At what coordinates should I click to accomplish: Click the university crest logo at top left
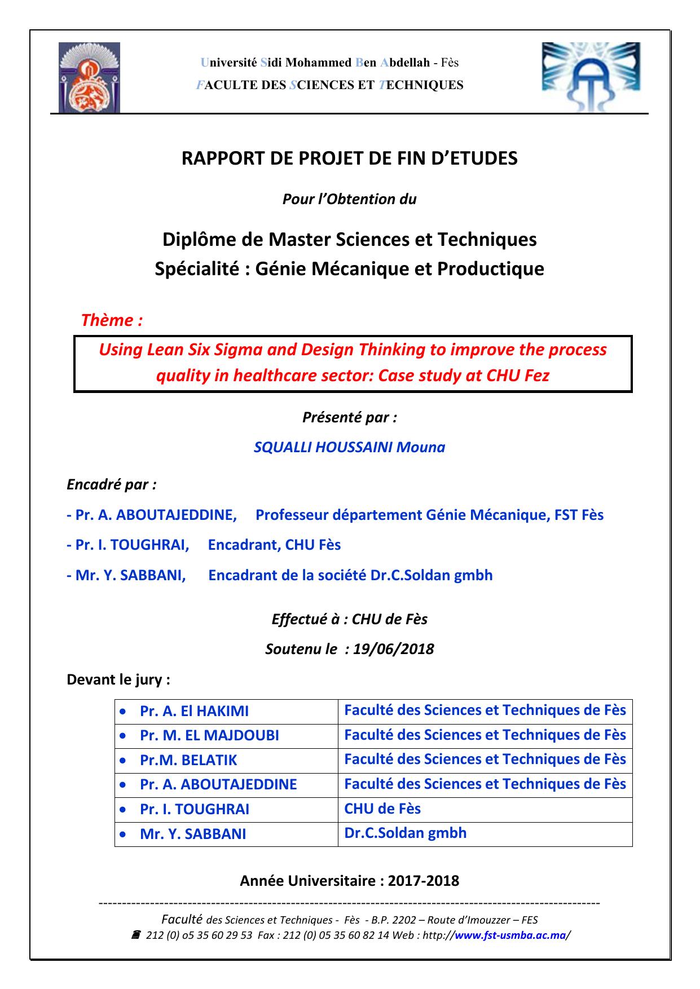click(x=89, y=78)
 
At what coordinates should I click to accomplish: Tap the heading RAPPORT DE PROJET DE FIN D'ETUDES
click(x=349, y=159)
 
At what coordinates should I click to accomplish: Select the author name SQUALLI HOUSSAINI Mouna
click(x=349, y=448)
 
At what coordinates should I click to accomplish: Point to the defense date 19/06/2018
click(x=393, y=649)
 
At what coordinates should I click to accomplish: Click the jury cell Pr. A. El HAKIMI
click(x=194, y=711)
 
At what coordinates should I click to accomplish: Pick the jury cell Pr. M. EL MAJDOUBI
click(x=209, y=736)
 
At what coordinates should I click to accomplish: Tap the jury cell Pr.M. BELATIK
click(x=188, y=760)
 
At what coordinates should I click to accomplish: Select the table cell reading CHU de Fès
click(x=382, y=809)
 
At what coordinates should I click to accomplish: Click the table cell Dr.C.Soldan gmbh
click(x=405, y=833)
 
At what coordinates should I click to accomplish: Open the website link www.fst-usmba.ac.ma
click(x=510, y=935)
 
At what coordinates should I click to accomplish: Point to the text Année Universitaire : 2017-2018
click(x=349, y=881)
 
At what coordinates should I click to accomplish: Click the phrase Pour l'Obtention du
click(x=349, y=199)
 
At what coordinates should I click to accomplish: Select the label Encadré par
click(x=112, y=484)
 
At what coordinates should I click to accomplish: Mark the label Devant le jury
click(x=118, y=679)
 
